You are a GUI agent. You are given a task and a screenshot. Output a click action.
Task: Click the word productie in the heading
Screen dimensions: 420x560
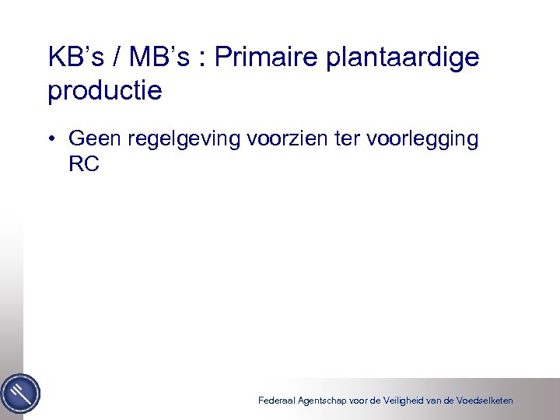coord(105,92)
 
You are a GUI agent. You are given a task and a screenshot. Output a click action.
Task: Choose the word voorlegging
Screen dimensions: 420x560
coord(423,141)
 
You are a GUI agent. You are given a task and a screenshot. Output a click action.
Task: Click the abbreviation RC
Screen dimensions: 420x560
coord(84,164)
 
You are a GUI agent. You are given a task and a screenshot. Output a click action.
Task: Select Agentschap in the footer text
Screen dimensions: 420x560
coord(326,401)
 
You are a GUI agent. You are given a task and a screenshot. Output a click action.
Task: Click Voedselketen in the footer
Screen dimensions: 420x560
coord(485,401)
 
